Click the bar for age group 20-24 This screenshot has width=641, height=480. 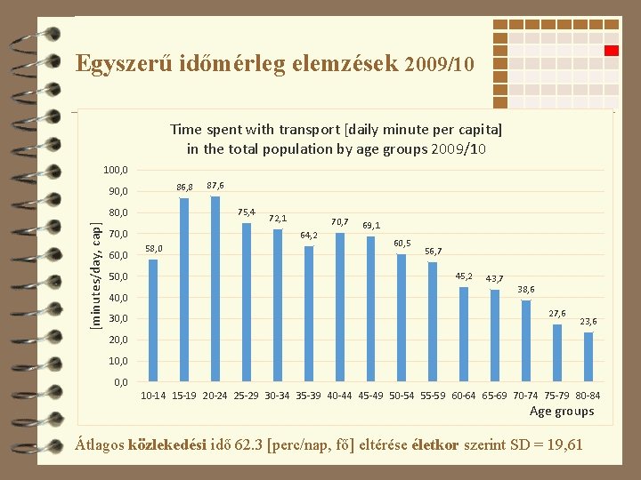215,289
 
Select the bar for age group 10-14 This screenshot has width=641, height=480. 153,320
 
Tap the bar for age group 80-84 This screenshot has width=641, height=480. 588,356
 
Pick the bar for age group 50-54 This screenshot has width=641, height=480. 402,317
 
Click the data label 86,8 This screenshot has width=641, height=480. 184,188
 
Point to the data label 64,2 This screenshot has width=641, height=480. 309,235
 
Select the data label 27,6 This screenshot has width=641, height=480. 557,313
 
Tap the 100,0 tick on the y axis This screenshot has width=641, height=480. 116,170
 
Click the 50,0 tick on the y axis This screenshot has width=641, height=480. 118,276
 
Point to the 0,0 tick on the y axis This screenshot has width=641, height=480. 121,382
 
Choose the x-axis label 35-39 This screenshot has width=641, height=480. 308,396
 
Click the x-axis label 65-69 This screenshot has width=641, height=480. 495,396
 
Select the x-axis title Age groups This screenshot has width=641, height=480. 562,411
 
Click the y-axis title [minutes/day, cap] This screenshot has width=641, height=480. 95,276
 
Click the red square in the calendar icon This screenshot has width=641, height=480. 612,51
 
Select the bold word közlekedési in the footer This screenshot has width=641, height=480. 167,444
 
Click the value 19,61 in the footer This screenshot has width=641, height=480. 565,444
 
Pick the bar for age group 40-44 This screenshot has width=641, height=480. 340,307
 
